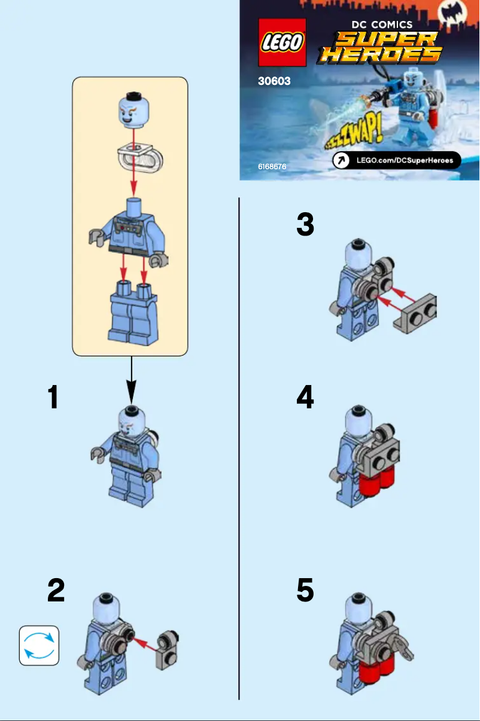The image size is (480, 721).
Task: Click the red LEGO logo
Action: click(x=282, y=42)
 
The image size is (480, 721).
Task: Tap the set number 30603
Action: click(x=274, y=81)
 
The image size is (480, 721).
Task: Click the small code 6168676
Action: click(x=272, y=166)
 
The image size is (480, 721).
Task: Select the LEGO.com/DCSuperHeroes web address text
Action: click(x=405, y=160)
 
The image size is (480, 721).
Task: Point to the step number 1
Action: click(x=53, y=397)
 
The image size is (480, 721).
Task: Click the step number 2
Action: click(x=56, y=590)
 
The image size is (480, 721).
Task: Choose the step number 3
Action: click(x=305, y=224)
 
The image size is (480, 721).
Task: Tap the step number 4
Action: click(x=305, y=396)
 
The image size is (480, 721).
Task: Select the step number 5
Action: click(x=305, y=590)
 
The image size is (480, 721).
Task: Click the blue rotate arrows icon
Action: click(x=39, y=645)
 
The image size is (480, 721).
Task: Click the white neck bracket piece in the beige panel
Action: click(x=141, y=157)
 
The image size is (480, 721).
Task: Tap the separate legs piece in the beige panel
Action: click(x=133, y=313)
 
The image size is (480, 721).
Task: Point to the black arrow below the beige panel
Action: click(x=131, y=380)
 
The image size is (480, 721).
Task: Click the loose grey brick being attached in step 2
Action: click(x=167, y=650)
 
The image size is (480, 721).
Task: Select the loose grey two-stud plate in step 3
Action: click(x=415, y=313)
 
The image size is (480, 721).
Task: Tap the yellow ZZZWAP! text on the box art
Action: click(x=354, y=132)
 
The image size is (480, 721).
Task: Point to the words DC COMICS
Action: click(x=382, y=25)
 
